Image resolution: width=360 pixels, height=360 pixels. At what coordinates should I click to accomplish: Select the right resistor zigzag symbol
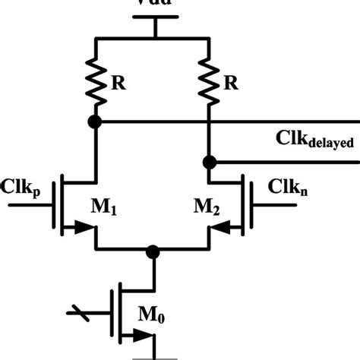pyautogui.click(x=207, y=79)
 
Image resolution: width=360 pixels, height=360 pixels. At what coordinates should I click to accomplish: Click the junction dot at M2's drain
pyautogui.click(x=207, y=162)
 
